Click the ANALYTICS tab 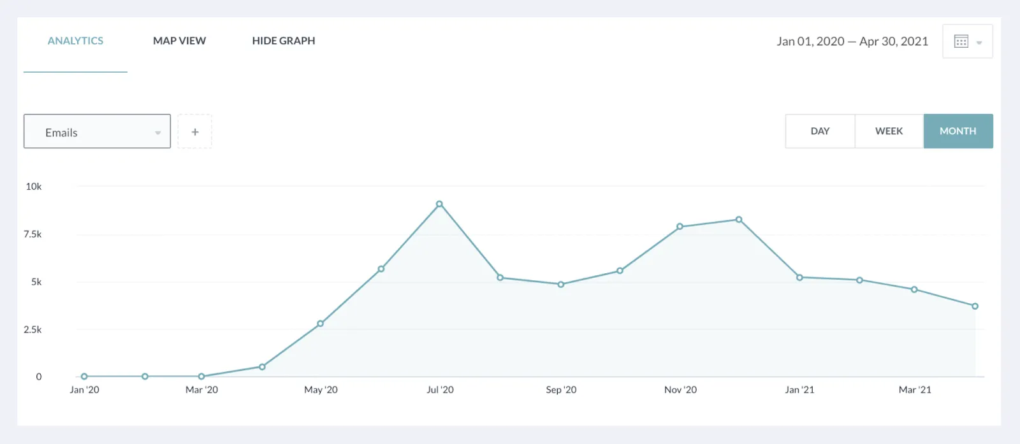[x=75, y=41]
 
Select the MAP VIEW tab [x=179, y=41]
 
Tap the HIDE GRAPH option [x=284, y=41]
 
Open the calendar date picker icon [x=967, y=41]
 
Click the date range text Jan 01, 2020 [x=810, y=41]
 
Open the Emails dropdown [x=97, y=132]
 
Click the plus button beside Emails [x=195, y=132]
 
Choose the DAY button [x=820, y=131]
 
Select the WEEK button [x=889, y=131]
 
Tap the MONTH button [x=958, y=131]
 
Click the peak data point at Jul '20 [x=439, y=204]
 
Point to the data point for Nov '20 [x=680, y=227]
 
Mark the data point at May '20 [x=321, y=324]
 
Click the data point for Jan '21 [x=799, y=278]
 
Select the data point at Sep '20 [x=561, y=285]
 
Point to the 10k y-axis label [x=34, y=187]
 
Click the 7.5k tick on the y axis [x=33, y=234]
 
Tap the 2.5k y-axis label [x=33, y=330]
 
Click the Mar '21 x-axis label [x=915, y=390]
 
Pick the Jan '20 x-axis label [x=84, y=390]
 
